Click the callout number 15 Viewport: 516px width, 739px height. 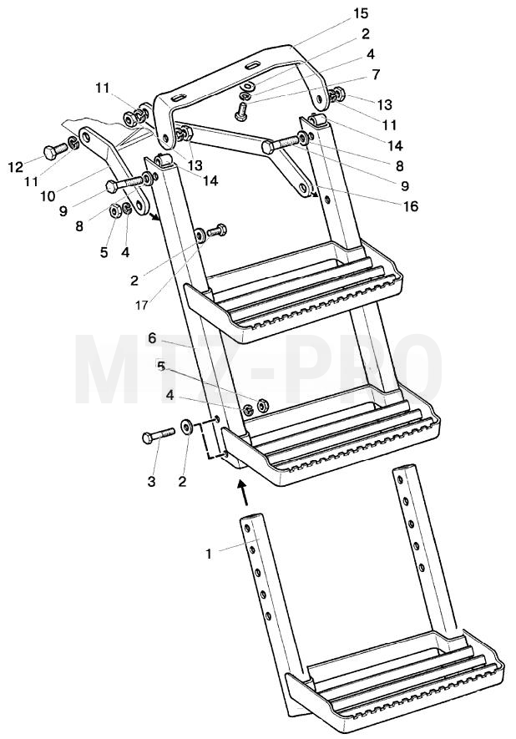coord(361,13)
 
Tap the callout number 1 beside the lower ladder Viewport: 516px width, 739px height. coord(210,554)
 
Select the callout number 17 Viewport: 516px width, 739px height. coord(142,306)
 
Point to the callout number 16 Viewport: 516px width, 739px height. coord(411,206)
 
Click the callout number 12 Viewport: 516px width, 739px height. coord(16,167)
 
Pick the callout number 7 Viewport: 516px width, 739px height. coord(376,74)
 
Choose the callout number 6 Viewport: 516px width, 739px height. coord(152,338)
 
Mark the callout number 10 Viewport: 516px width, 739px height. coord(48,195)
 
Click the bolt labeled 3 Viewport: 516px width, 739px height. coord(159,435)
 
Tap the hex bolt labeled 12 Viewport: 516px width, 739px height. coord(56,151)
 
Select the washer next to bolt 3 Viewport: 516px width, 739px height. coord(187,427)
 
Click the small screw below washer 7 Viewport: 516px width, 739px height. coord(240,112)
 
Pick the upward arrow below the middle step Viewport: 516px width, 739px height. coord(243,493)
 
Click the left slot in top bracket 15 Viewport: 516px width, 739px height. coord(179,98)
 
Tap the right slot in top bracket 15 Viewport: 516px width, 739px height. coord(252,65)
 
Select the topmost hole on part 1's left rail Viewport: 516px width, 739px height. coord(246,529)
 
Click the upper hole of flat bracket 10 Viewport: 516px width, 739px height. coord(85,137)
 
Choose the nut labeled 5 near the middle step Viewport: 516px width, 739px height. coord(262,404)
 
